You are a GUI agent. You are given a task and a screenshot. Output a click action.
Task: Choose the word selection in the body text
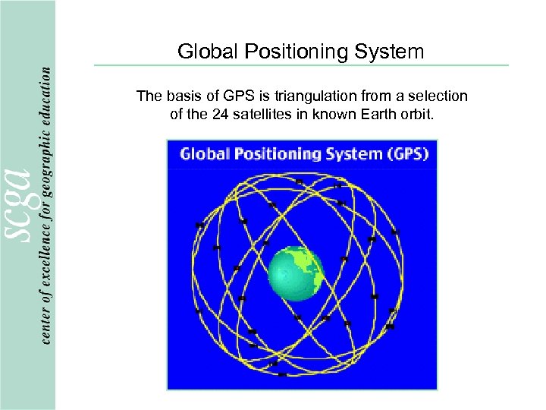tap(442, 96)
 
